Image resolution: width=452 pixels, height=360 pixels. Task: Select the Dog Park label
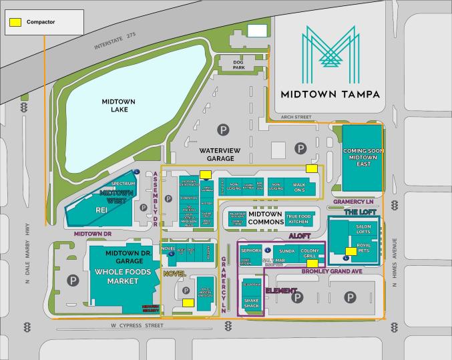(240, 64)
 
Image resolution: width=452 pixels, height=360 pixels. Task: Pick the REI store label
(101, 210)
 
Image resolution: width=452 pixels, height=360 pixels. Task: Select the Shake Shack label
(250, 302)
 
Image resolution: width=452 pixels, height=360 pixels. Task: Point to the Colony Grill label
(312, 253)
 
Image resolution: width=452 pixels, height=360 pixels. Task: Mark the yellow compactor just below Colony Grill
(312, 263)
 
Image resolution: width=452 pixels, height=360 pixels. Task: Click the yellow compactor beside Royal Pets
(350, 251)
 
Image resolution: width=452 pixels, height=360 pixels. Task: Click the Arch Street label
(297, 117)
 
